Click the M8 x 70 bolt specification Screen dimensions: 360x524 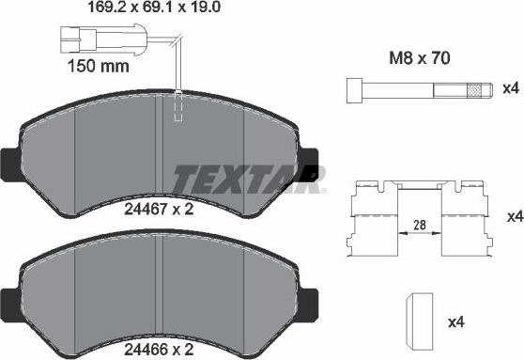[x=419, y=58]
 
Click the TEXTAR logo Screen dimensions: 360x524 [x=250, y=177]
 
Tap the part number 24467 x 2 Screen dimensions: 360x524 [x=159, y=210]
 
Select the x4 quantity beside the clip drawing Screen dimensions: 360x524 [x=514, y=217]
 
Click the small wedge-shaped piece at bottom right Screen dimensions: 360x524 [x=418, y=320]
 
